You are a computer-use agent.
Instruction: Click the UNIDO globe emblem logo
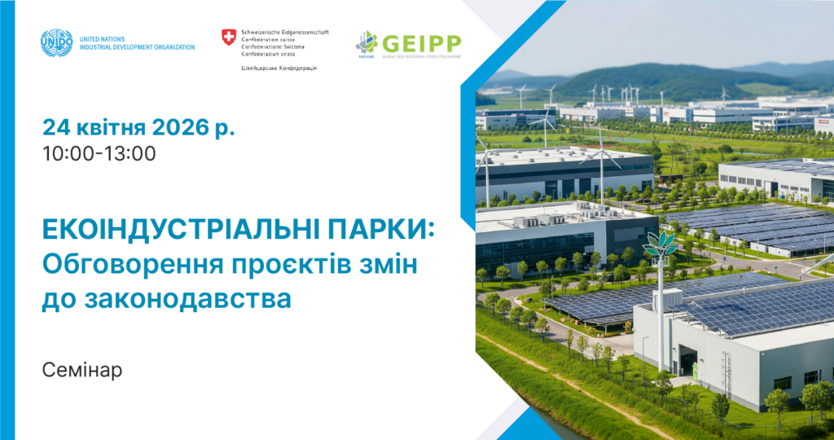tap(56, 42)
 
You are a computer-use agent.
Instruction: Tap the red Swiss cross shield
tap(229, 37)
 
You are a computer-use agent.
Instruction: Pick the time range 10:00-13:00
tap(99, 153)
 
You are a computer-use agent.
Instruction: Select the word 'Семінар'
tap(82, 370)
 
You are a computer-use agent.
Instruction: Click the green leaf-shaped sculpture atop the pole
tap(660, 243)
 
